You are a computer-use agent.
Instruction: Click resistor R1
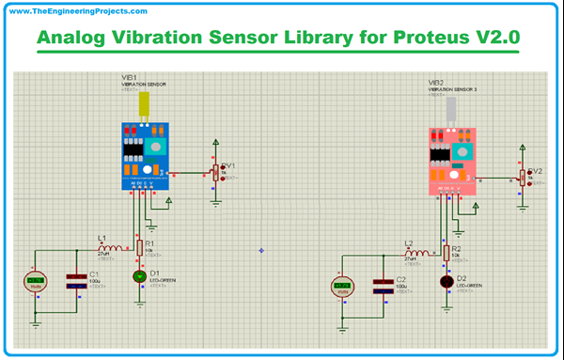pos(140,247)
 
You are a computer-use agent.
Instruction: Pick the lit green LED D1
pos(140,276)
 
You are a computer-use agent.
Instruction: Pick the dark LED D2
pos(446,281)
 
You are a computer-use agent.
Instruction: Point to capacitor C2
pos(382,285)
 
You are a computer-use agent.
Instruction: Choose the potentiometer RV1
pos(215,173)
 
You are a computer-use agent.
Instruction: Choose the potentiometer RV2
pos(523,178)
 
